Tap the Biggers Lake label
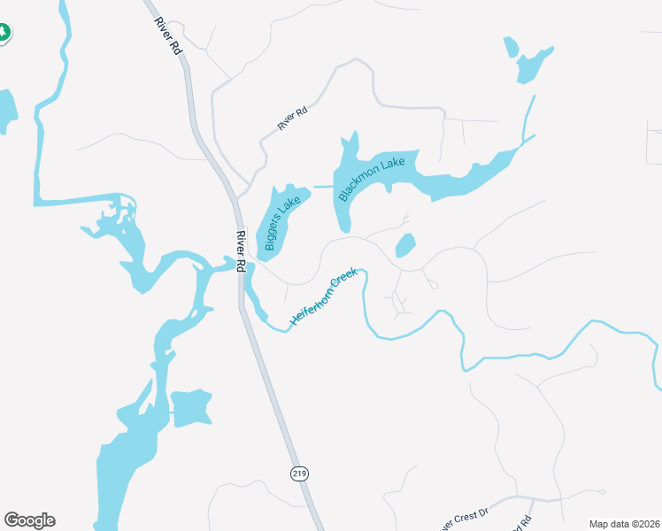click(278, 222)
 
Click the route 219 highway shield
click(298, 474)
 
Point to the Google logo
click(29, 520)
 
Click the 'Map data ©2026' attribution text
click(624, 524)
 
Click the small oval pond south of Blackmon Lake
click(404, 245)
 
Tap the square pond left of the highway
click(191, 408)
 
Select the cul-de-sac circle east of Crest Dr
click(602, 491)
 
